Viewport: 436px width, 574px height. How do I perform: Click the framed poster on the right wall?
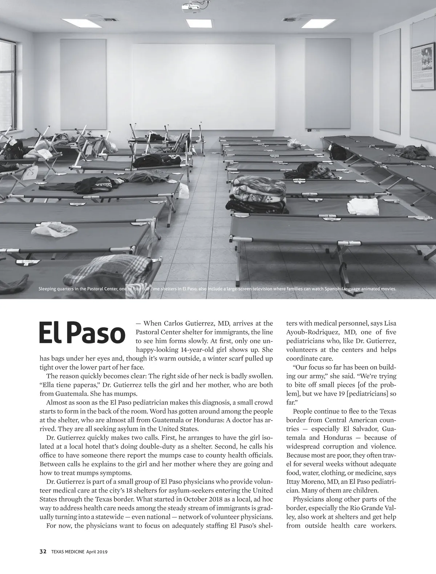point(423,68)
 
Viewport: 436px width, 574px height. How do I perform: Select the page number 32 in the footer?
point(43,551)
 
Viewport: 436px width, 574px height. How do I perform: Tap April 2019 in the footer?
point(97,551)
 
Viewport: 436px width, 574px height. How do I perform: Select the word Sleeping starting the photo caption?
point(48,289)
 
